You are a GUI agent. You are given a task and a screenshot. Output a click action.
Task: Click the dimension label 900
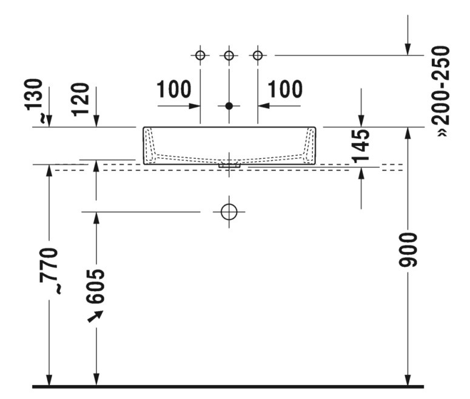coord(408,249)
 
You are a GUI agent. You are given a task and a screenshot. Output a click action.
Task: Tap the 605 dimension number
coord(95,286)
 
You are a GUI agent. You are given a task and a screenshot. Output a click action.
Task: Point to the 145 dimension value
coord(361,146)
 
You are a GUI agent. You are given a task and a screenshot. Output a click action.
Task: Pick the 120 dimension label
coord(80,100)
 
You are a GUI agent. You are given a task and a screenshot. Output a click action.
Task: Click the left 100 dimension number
coord(174,89)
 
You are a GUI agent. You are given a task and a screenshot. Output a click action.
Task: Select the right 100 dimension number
coord(285,89)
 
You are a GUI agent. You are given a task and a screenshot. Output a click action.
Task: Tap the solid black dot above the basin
coord(229,106)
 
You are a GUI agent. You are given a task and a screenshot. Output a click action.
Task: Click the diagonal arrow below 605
coord(95,317)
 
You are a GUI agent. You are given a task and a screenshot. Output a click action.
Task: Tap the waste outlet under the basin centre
coord(229,165)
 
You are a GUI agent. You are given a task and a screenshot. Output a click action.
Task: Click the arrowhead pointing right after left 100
coord(195,106)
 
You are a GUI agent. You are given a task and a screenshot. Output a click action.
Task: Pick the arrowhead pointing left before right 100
coord(263,106)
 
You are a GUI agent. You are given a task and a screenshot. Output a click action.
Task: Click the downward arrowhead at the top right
coord(408,50)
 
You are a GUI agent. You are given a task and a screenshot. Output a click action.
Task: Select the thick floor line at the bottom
coord(228,387)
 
